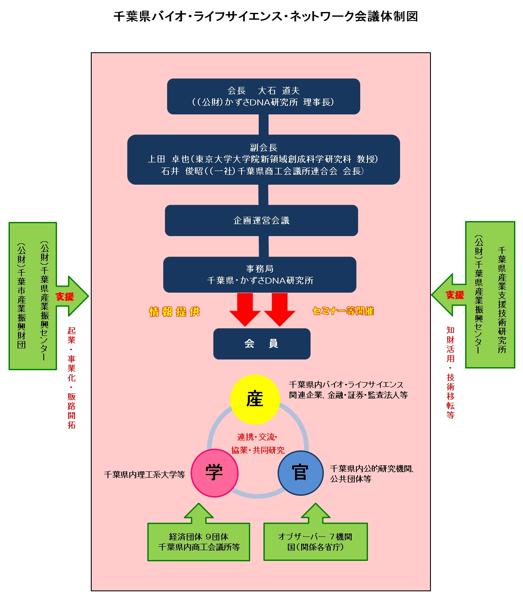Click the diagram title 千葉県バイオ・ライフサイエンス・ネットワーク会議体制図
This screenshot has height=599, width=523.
click(265, 16)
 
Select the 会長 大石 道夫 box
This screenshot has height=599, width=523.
click(263, 96)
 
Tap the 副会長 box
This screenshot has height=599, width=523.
click(263, 159)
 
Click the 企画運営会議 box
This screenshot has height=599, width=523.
click(261, 220)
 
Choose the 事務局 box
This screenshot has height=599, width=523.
click(260, 275)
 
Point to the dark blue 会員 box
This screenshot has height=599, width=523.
click(262, 344)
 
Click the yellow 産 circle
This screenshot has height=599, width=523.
click(255, 399)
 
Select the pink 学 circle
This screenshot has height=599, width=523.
click(214, 473)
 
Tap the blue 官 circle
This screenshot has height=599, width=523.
click(300, 473)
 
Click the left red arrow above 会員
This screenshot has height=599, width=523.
click(245, 309)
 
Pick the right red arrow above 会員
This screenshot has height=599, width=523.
click(280, 309)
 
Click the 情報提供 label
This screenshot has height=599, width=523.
click(175, 312)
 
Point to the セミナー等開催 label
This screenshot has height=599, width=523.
click(343, 311)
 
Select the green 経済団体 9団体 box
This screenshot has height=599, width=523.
click(199, 542)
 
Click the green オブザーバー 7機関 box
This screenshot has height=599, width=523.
click(315, 542)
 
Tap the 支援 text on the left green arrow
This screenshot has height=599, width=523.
click(65, 297)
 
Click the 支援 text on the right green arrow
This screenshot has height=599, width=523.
click(455, 295)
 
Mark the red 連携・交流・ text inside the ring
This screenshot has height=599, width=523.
click(257, 437)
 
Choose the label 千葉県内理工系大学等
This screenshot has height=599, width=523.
click(144, 475)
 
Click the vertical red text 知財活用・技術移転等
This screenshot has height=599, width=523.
click(451, 372)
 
